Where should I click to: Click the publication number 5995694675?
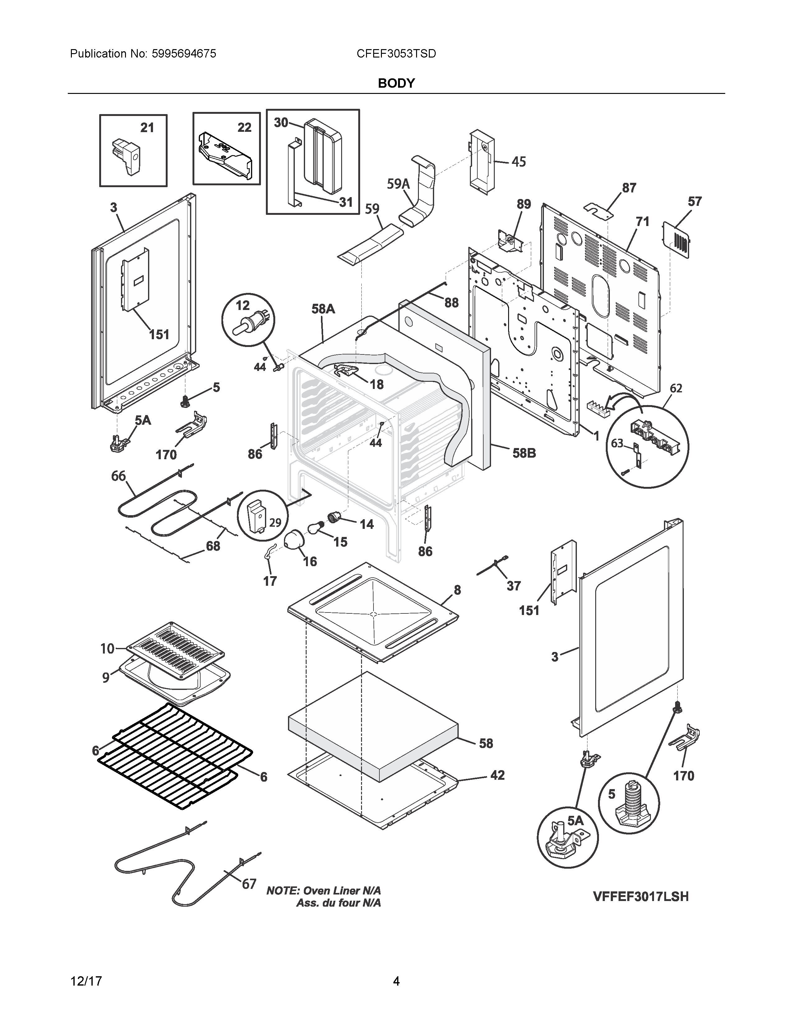184,54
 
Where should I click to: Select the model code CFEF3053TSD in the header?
396,54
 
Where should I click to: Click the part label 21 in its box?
147,128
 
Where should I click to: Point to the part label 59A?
398,184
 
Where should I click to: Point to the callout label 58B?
524,453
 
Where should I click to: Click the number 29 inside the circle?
275,522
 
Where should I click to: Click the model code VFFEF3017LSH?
640,897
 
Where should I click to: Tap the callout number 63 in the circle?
617,443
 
